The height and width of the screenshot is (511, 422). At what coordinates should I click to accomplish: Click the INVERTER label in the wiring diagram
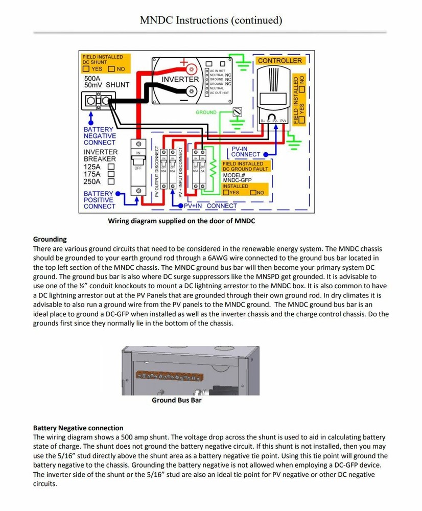click(180, 80)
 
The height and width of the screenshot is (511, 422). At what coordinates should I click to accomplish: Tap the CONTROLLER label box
click(279, 61)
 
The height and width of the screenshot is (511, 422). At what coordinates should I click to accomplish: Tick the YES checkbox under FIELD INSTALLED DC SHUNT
click(87, 69)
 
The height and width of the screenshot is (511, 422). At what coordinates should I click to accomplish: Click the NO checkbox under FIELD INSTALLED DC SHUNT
click(111, 69)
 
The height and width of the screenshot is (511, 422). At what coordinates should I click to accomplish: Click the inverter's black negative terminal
click(192, 91)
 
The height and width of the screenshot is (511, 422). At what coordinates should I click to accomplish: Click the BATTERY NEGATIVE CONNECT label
click(100, 136)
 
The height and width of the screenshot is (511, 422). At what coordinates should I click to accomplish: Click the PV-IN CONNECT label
click(246, 151)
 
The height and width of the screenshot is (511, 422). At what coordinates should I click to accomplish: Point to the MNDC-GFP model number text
click(237, 180)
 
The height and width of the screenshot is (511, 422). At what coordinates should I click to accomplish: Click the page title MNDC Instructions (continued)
click(211, 20)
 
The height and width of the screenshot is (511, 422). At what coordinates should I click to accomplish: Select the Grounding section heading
click(50, 239)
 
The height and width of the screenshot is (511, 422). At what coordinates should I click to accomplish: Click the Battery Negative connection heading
click(78, 428)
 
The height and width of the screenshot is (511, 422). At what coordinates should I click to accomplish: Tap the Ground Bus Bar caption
click(176, 400)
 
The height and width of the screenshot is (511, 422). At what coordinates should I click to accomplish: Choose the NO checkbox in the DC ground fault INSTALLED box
click(253, 193)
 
